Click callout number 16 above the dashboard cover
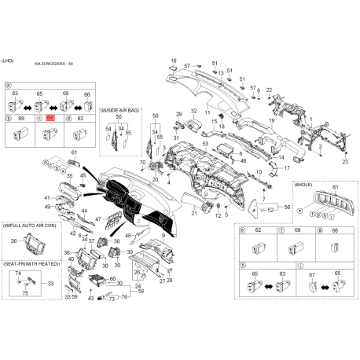pyautogui.click(x=174, y=61)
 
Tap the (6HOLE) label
pyautogui.click(x=303, y=183)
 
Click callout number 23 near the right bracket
pyautogui.click(x=343, y=160)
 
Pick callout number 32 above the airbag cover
pyautogui.click(x=193, y=112)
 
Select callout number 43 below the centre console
pyautogui.click(x=90, y=299)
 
